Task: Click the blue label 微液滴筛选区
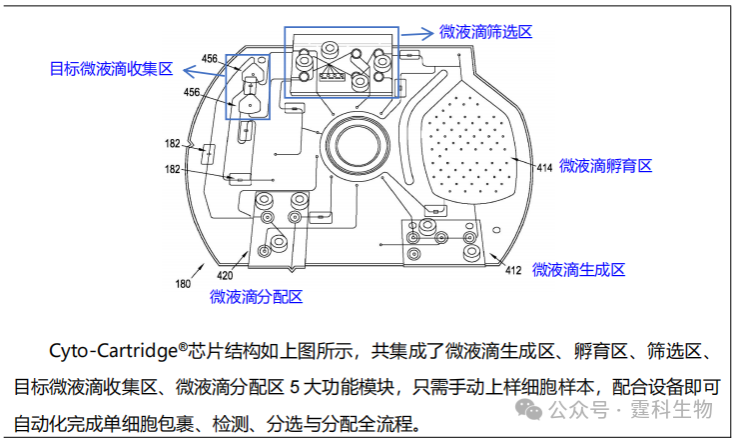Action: (486, 32)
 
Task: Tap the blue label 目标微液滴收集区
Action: (112, 69)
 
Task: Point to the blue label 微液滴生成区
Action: (578, 270)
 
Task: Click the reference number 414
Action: (544, 167)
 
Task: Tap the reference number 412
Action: (513, 270)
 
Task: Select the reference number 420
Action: (225, 275)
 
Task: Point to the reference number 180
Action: (183, 284)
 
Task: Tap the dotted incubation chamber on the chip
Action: (467, 140)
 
